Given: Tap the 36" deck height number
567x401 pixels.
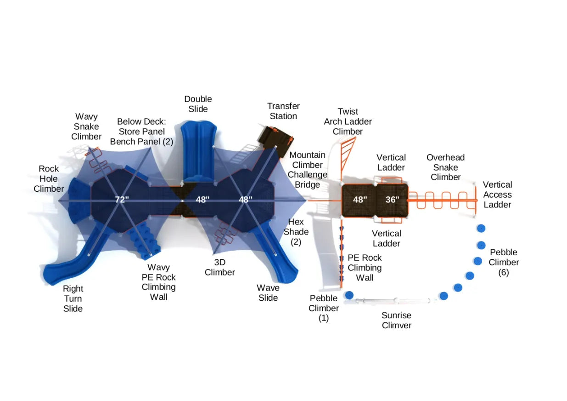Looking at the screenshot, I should pos(392,200).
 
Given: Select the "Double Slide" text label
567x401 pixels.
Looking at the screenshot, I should pos(198,104).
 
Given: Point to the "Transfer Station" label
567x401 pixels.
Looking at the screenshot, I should pos(283,111).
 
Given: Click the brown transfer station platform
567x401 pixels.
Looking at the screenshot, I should pos(274,136).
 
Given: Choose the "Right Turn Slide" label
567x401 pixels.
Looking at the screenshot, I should pos(73,298).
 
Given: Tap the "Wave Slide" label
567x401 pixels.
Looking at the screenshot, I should pos(268,293).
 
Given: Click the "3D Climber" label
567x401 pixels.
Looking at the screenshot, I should pos(219,267).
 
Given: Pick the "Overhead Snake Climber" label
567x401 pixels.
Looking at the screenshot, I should pos(445,167).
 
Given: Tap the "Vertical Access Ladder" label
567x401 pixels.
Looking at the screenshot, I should pos(497,195).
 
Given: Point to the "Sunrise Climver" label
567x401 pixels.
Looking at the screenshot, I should pos(396,321).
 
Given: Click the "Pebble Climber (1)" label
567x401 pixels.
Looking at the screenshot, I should pos(324,308).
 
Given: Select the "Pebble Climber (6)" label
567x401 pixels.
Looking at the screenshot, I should pos(504,262).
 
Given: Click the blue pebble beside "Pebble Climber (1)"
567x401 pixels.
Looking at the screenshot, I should pos(349,295).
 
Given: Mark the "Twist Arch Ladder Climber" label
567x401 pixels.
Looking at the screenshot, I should pos(348,121).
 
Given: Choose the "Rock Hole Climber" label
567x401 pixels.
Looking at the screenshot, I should pos(49,179).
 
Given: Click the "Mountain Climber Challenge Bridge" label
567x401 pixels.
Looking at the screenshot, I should pos(307,170).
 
